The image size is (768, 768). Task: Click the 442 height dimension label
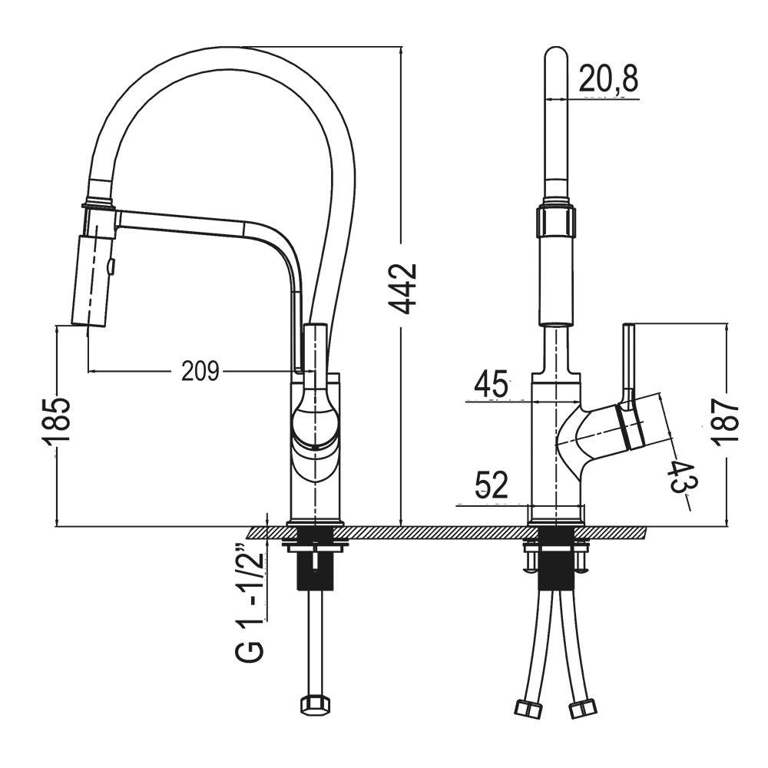coord(402,289)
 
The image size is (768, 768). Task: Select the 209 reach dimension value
coord(200,371)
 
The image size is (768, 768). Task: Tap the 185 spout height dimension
coord(56,422)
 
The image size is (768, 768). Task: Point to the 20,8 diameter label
coord(608,78)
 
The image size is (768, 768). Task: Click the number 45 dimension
coord(491,384)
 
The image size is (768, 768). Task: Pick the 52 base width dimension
coord(492,485)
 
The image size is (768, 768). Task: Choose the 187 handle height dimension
coord(725,422)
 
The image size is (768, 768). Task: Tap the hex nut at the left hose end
coord(314,705)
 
